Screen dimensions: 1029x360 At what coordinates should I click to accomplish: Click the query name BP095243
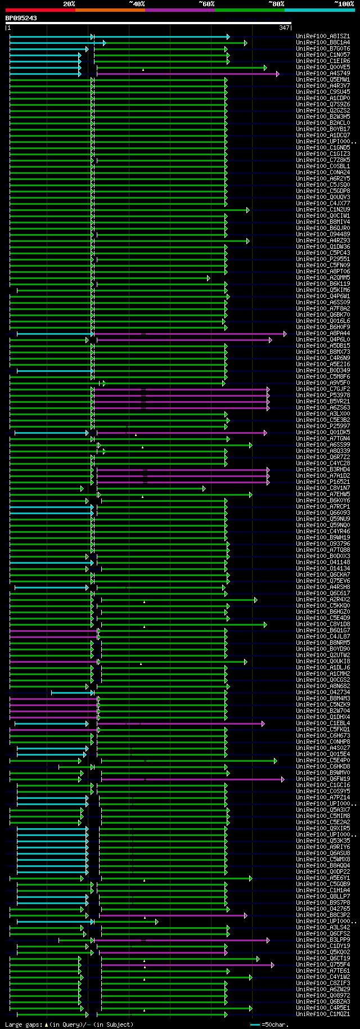tap(21, 18)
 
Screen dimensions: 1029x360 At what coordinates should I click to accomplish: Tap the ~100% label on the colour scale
tap(344, 4)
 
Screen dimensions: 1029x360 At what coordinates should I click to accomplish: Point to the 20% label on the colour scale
tap(69, 4)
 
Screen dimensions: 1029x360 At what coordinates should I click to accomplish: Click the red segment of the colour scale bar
tap(40, 10)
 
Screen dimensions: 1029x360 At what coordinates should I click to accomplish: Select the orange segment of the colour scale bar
tap(110, 10)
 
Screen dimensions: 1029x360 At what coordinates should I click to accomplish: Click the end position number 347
tap(284, 28)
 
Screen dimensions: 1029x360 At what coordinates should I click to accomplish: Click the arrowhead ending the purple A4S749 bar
tap(277, 74)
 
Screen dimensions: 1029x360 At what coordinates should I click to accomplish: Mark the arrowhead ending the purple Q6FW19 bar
tap(282, 779)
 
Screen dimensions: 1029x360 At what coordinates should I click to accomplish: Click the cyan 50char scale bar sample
tap(255, 1024)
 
